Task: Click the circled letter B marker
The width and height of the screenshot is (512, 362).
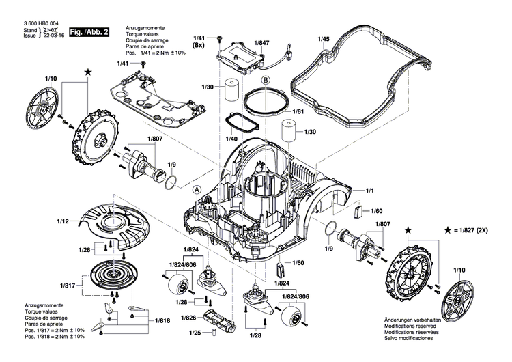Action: (x=267, y=81)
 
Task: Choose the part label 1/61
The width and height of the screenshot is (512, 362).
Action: (x=298, y=111)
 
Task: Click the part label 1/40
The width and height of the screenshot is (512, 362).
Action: (x=231, y=139)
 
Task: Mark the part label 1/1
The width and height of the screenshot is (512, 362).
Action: (x=372, y=190)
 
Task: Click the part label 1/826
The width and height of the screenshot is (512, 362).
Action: (x=188, y=318)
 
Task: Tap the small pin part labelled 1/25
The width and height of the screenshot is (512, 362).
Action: (x=212, y=333)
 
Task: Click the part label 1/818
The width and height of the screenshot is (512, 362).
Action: (x=163, y=320)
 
